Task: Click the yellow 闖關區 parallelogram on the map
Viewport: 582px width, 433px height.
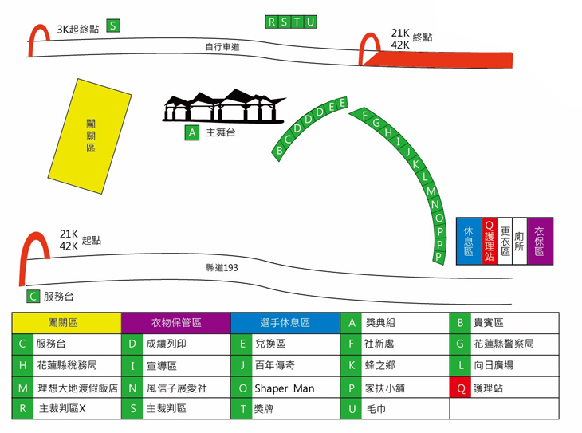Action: (91, 136)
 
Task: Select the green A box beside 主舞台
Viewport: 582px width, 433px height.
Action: (191, 133)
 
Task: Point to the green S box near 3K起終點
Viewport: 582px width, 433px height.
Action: (113, 26)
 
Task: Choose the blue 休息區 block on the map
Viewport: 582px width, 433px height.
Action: (468, 241)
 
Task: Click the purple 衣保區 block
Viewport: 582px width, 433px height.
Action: (540, 241)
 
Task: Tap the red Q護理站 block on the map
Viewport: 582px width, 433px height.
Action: (490, 241)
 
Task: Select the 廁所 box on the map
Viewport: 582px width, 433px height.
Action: (518, 241)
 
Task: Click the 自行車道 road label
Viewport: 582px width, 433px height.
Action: (222, 48)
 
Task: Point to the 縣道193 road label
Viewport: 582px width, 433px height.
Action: (222, 267)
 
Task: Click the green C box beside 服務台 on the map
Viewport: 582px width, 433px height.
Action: (33, 296)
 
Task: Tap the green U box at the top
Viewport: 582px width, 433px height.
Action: (310, 22)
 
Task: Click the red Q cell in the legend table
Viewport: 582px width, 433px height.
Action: (460, 388)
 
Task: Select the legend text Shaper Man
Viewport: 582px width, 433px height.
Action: (284, 388)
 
